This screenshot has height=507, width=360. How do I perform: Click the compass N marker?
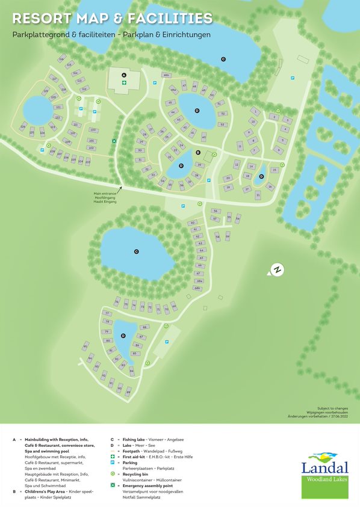point(277,270)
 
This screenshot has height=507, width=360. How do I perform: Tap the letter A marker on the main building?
point(124,75)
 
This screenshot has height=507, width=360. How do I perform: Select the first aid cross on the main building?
point(124,84)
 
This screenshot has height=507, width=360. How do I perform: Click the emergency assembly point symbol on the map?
point(114,141)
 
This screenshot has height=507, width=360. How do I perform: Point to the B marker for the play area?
point(197,153)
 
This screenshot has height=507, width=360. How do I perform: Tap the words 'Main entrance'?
point(104,193)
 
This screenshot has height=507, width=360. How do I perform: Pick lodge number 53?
point(222,124)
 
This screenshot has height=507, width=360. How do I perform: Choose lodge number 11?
point(240,146)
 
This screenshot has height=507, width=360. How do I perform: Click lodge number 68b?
point(197,288)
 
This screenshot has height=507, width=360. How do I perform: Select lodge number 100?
point(93,129)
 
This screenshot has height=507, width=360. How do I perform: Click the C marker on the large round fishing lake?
point(136,251)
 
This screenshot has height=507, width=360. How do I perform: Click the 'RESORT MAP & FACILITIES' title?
point(113,19)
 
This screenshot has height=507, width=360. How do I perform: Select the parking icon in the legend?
point(113,463)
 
